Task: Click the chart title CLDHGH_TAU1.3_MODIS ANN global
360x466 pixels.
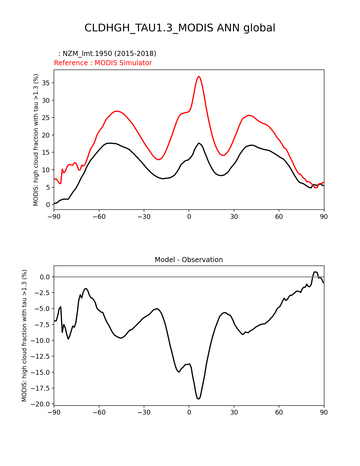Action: pyautogui.click(x=180, y=28)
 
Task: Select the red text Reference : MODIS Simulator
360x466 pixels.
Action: pyautogui.click(x=103, y=63)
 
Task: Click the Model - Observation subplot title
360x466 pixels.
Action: pyautogui.click(x=189, y=260)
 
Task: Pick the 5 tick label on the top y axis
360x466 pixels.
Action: pyautogui.click(x=48, y=188)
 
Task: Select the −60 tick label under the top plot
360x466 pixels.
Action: pyautogui.click(x=99, y=217)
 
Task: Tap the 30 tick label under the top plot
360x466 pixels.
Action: pyautogui.click(x=234, y=217)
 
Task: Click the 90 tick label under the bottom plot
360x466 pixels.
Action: pyautogui.click(x=324, y=412)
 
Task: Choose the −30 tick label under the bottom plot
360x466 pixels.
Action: pyautogui.click(x=144, y=412)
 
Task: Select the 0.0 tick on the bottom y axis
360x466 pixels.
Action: pyautogui.click(x=45, y=277)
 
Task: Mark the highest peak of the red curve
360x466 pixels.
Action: pyautogui.click(x=199, y=76)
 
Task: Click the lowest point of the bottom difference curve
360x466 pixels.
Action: pyautogui.click(x=199, y=399)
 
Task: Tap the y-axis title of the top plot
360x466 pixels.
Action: pyautogui.click(x=36, y=140)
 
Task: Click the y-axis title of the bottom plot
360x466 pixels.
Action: pyautogui.click(x=24, y=336)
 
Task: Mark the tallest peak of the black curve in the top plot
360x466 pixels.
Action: pyautogui.click(x=199, y=143)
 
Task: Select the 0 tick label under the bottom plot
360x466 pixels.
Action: pyautogui.click(x=189, y=412)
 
